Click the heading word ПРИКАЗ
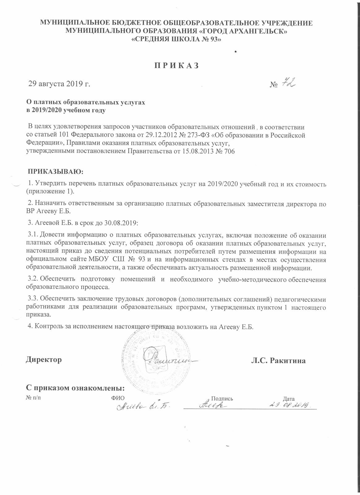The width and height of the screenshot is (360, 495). pos(180,66)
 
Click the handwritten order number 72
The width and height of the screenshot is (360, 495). pos(288,83)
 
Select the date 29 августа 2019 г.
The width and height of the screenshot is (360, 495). pos(59,84)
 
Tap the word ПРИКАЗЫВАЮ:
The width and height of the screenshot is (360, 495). pos(56,171)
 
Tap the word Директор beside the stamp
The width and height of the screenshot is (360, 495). pos(44,360)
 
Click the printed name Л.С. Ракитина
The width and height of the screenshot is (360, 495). pos(278,361)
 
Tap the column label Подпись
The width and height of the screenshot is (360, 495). pos(222,398)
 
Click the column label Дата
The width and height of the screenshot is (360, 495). pos(289,398)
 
